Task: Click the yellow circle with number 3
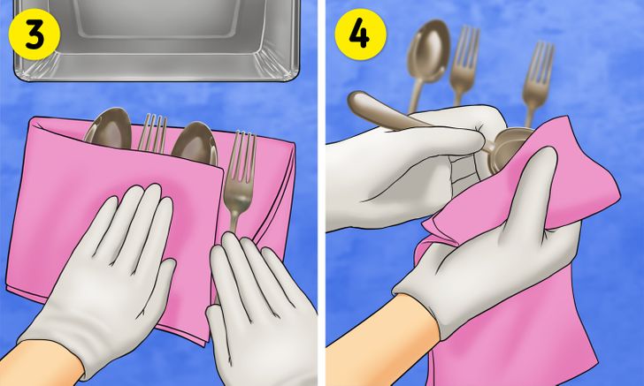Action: [x=34, y=35]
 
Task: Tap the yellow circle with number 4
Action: [x=360, y=34]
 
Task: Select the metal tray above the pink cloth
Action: [x=157, y=40]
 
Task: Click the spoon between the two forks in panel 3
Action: [x=195, y=142]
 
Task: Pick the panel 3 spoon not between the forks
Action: [x=109, y=128]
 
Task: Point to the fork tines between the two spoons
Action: [x=152, y=132]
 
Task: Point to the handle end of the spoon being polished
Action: [x=356, y=102]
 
